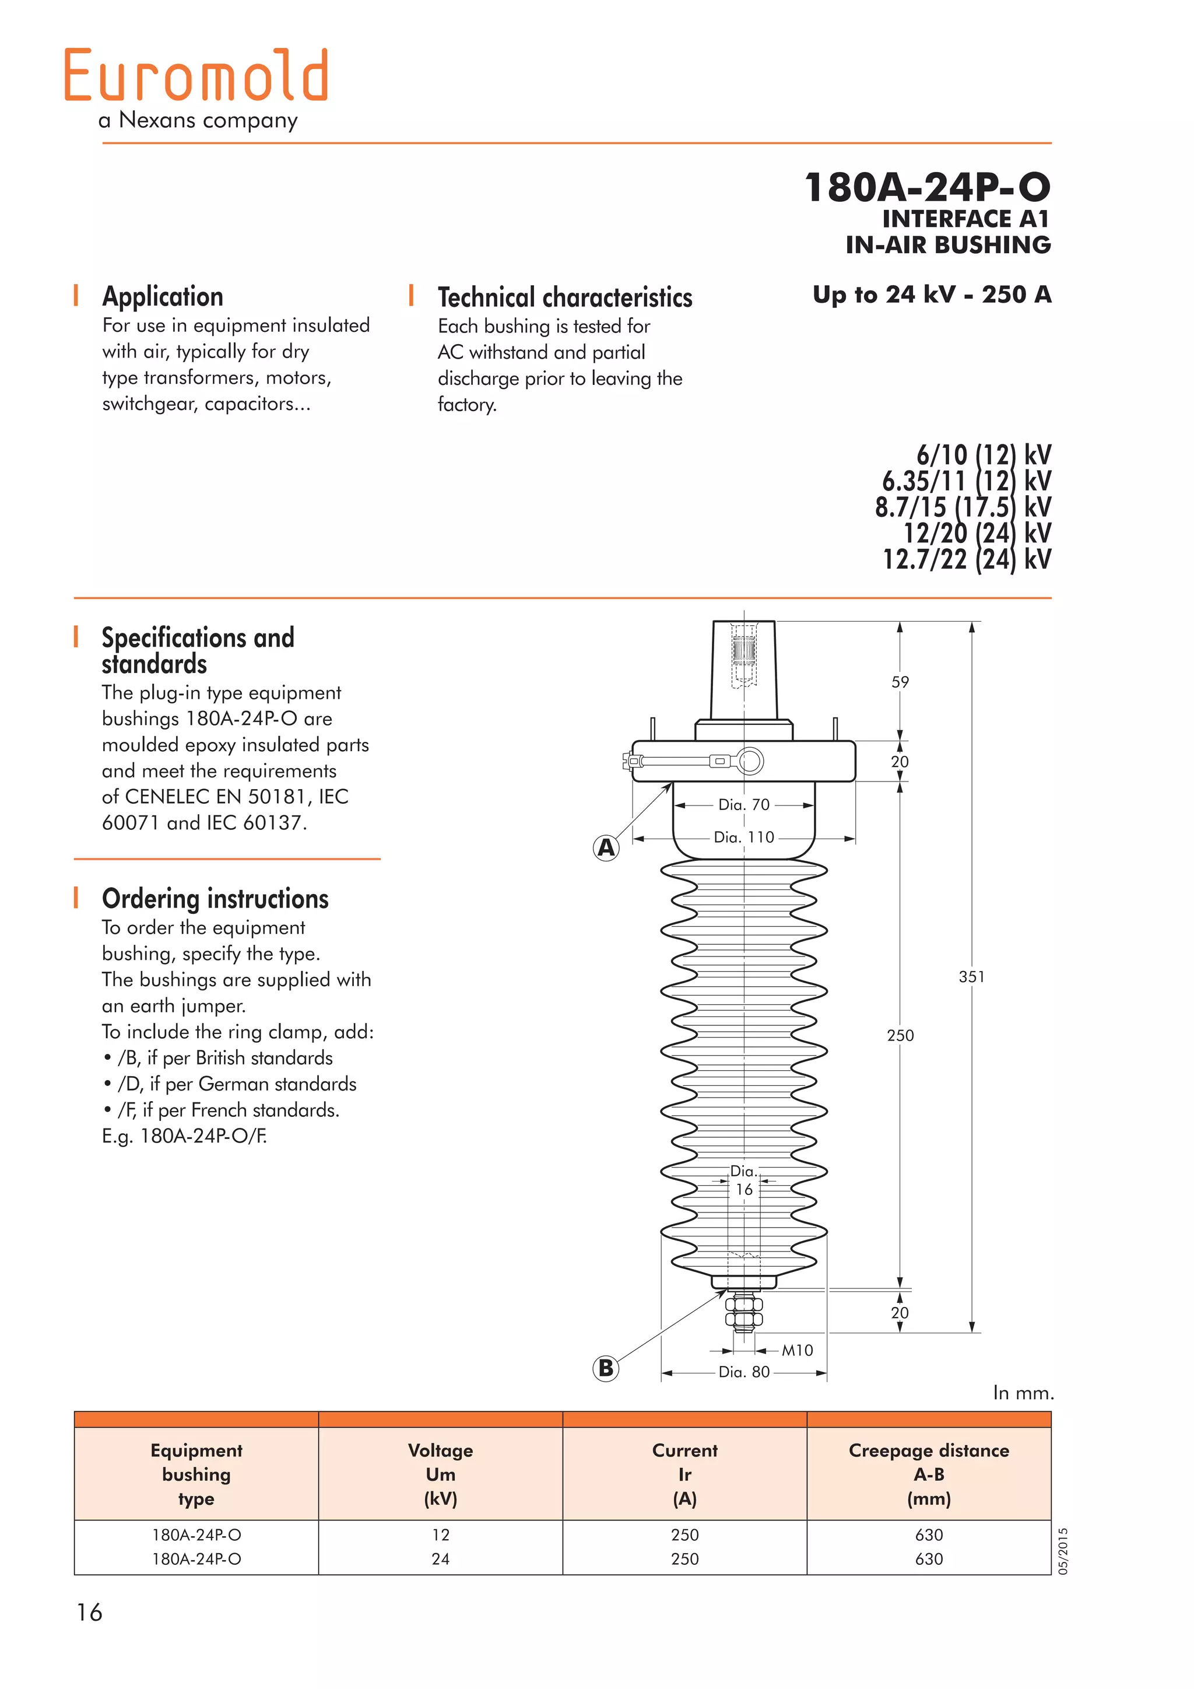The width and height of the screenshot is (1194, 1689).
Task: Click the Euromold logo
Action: pos(195,76)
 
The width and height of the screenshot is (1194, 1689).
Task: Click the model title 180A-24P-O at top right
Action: pos(927,187)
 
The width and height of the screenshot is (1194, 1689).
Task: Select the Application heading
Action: pos(163,296)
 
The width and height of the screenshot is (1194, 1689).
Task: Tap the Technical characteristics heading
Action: pos(565,297)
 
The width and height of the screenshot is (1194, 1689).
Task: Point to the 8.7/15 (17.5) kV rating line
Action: pos(963,507)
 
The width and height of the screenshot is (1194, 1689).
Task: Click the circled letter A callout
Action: pos(606,847)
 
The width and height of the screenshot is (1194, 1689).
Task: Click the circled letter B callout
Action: pos(606,1368)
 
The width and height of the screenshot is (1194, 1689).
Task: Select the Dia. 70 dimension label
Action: pos(743,805)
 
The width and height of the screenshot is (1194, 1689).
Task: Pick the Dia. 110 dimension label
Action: pos(743,837)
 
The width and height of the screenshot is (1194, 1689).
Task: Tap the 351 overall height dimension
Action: pos(971,976)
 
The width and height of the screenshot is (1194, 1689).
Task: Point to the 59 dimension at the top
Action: pos(900,682)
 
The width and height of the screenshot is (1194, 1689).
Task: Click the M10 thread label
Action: pos(797,1350)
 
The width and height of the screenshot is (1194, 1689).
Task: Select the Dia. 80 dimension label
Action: pos(743,1371)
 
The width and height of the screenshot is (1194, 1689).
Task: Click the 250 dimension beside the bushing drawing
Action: pos(900,1035)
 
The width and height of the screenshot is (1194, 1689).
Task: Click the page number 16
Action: pos(89,1613)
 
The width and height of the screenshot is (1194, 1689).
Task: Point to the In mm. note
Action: pos(1023,1393)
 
